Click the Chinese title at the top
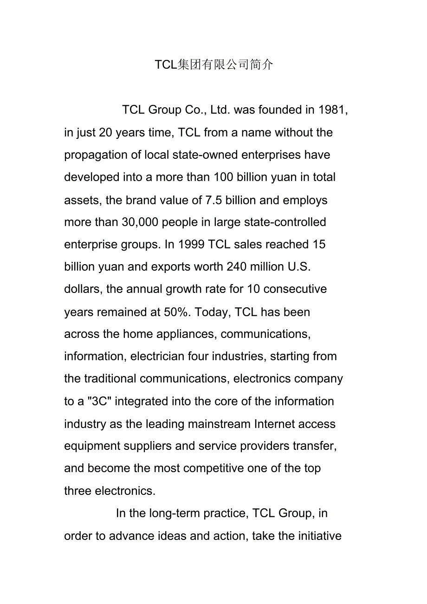pyautogui.click(x=214, y=65)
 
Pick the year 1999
pyautogui.click(x=191, y=245)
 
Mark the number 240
pyautogui.click(x=237, y=267)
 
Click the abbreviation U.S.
pyautogui.click(x=299, y=267)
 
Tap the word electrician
pyautogui.click(x=157, y=357)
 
